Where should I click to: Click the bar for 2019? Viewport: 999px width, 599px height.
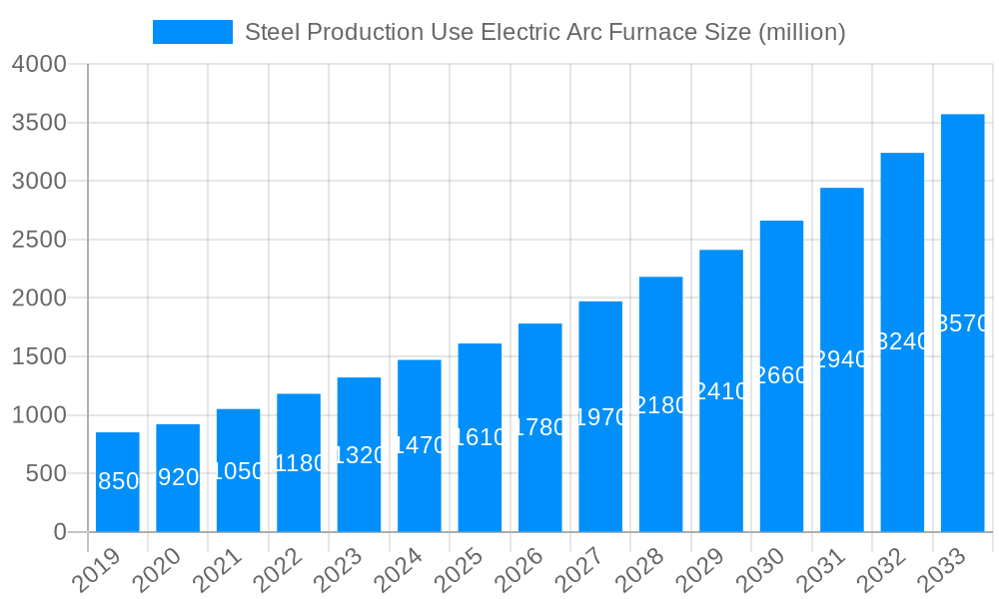[118, 482]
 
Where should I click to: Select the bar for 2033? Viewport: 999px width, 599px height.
[962, 322]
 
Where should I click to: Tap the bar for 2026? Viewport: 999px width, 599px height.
[540, 427]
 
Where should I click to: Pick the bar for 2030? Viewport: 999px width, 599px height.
[781, 376]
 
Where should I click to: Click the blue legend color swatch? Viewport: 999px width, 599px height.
[192, 32]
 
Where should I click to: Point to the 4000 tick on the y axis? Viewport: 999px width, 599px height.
[39, 64]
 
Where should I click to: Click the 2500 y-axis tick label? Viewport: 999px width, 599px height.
[39, 240]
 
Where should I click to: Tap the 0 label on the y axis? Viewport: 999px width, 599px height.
[59, 532]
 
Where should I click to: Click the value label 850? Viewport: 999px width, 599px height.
[118, 481]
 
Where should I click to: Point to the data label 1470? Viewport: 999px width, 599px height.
[420, 445]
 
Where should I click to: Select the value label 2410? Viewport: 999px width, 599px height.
[721, 391]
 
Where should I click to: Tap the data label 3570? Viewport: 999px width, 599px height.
[963, 323]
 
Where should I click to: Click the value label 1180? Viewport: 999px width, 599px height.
[299, 463]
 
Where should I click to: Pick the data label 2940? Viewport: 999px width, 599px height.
[842, 359]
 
